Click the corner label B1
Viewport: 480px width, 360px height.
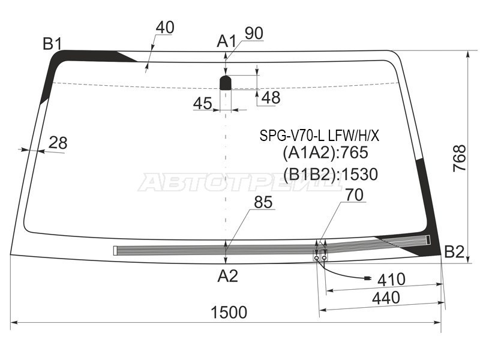point(53,44)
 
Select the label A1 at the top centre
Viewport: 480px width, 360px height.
point(227,41)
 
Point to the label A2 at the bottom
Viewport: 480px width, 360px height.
point(228,276)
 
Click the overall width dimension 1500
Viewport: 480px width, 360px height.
point(229,312)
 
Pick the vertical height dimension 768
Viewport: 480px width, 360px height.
point(460,158)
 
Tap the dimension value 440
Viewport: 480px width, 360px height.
point(386,298)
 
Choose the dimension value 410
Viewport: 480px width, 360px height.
point(391,279)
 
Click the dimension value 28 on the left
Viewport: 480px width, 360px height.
point(58,143)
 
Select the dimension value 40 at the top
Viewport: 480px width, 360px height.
point(165,27)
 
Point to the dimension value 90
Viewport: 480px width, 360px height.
point(254,34)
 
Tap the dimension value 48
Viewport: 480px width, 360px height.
point(271,98)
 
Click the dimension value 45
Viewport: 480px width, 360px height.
point(203,103)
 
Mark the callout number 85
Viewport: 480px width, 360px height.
point(263,202)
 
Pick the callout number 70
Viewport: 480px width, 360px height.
point(355,194)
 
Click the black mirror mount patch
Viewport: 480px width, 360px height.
point(226,83)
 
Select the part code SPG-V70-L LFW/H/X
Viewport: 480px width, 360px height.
point(319,136)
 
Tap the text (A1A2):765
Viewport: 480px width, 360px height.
point(325,152)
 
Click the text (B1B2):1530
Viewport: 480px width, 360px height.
point(331,174)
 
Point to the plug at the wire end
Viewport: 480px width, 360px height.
point(367,278)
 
